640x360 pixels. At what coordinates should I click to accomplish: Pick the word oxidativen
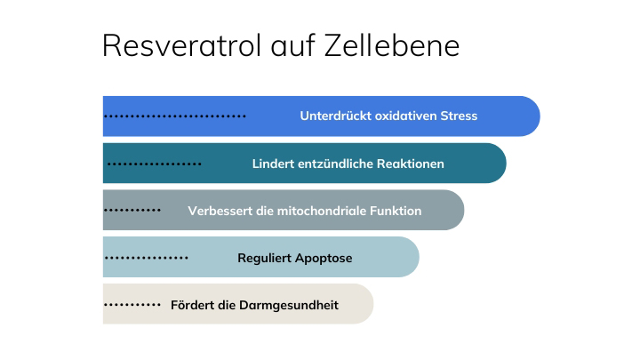(x=405, y=116)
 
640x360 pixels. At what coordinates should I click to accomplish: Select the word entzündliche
(x=338, y=164)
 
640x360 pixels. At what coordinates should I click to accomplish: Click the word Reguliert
(x=266, y=258)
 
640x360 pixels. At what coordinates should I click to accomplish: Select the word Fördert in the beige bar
(x=191, y=305)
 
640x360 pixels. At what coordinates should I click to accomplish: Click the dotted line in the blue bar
(x=175, y=116)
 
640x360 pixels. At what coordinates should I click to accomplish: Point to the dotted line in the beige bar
(x=132, y=305)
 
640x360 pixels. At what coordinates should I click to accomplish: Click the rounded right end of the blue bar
(x=528, y=116)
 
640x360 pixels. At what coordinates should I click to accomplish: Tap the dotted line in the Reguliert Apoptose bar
(x=147, y=258)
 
